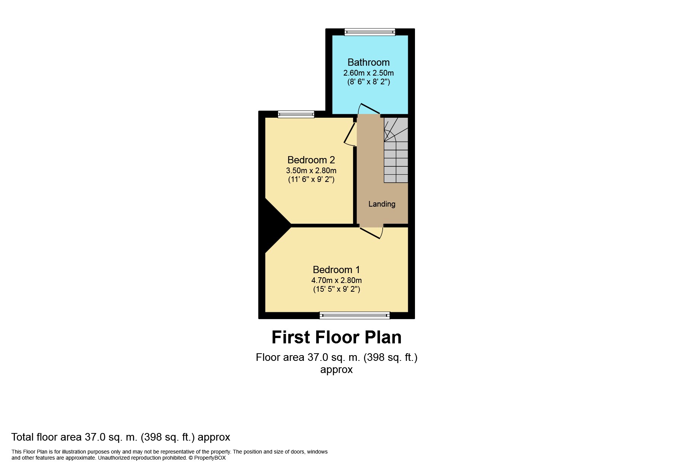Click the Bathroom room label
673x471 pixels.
368,62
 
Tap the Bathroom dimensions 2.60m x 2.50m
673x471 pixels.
368,73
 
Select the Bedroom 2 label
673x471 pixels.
311,160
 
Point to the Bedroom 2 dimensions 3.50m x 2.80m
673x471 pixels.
311,171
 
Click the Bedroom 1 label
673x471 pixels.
336,270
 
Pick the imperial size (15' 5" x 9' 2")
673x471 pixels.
336,289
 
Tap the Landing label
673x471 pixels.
382,204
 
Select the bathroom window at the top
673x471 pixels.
369,32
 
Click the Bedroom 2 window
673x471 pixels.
296,114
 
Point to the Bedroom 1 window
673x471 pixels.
355,315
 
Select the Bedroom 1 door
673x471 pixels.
372,232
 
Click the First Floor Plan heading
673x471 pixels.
336,337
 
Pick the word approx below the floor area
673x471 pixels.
336,370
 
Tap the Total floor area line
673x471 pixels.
120,437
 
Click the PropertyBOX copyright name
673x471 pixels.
210,458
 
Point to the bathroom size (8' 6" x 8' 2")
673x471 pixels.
368,82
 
